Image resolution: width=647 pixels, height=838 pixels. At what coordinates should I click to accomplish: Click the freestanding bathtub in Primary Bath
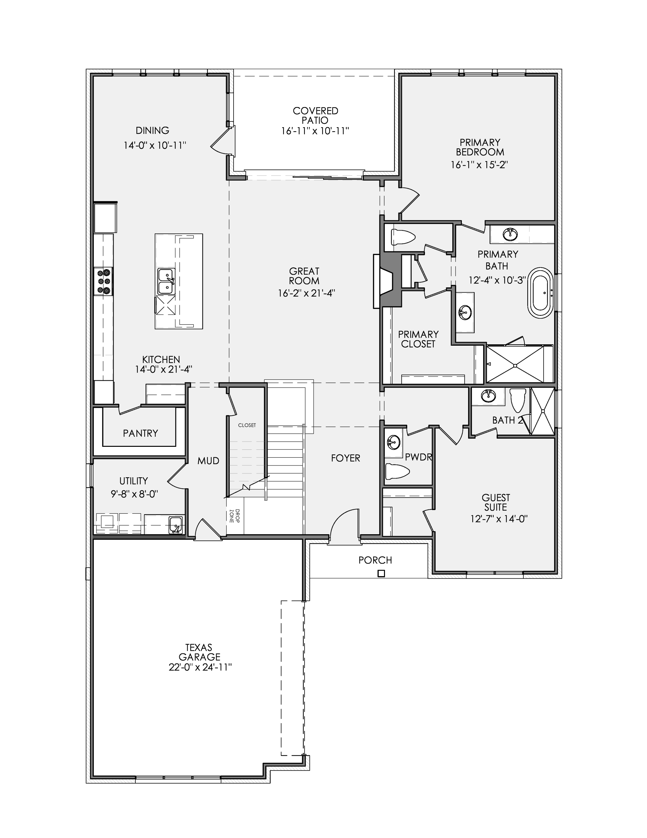click(541, 293)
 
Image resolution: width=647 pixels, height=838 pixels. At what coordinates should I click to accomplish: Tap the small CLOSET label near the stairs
click(247, 425)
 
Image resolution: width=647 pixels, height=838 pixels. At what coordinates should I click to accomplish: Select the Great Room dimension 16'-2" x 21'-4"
click(306, 294)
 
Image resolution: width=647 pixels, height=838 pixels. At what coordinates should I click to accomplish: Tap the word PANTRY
click(140, 433)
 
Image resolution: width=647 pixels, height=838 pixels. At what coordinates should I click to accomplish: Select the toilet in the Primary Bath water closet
click(402, 237)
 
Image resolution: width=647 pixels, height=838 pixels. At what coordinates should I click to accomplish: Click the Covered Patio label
click(315, 116)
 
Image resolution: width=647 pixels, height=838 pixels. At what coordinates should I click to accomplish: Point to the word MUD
click(208, 461)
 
